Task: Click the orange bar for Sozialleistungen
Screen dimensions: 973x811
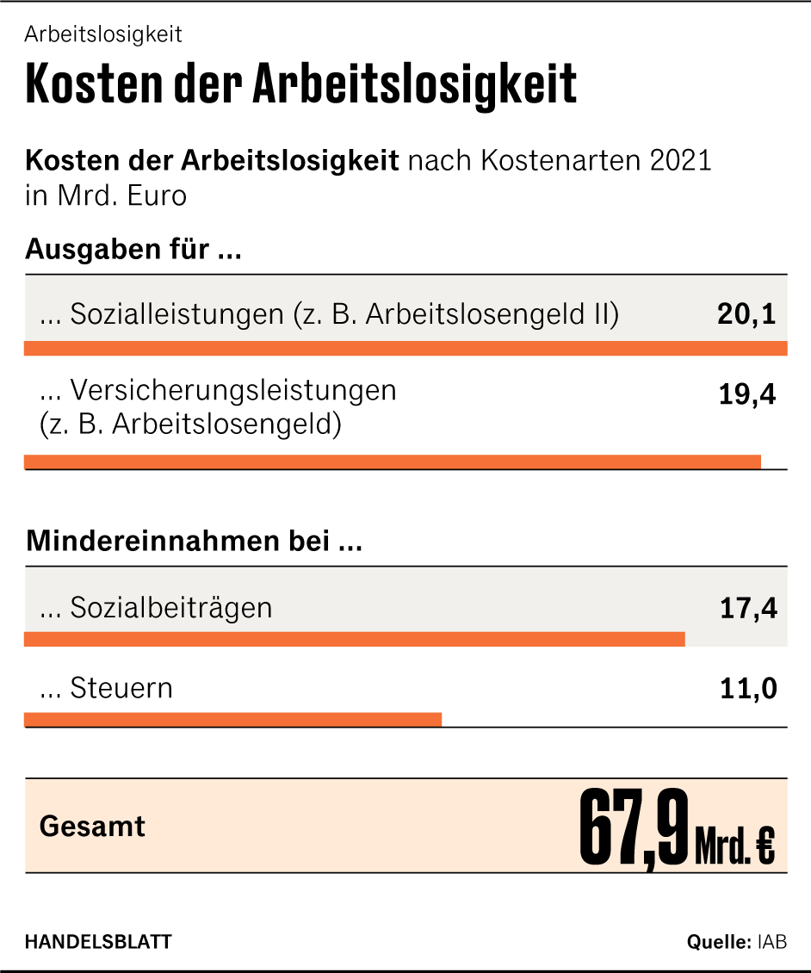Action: (x=405, y=349)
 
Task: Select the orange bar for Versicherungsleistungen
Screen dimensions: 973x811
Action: (x=393, y=462)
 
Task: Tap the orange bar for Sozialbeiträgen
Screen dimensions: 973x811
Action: (x=354, y=639)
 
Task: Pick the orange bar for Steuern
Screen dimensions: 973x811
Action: (x=232, y=720)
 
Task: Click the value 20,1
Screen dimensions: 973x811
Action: (x=746, y=314)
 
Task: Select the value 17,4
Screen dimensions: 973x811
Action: (x=748, y=609)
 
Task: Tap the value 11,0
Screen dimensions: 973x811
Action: (x=748, y=689)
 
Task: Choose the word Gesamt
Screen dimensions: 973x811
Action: (x=93, y=827)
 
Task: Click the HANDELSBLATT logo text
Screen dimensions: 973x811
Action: (x=98, y=941)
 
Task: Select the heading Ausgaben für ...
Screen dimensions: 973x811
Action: (x=133, y=250)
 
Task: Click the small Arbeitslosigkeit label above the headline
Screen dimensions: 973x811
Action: (x=103, y=34)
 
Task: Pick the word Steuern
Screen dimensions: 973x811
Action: (x=121, y=689)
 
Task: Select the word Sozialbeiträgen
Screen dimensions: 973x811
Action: (x=170, y=608)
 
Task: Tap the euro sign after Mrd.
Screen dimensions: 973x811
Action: (x=765, y=848)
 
